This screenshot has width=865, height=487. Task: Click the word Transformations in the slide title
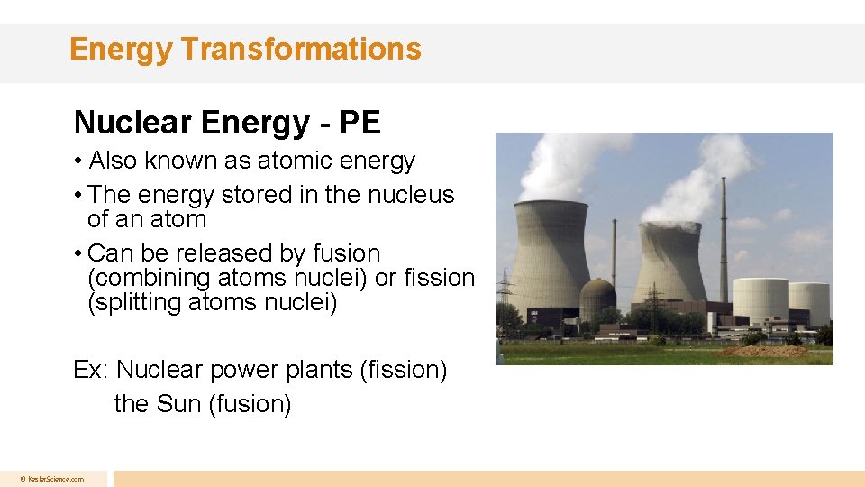300,49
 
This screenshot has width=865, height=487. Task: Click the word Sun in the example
178,404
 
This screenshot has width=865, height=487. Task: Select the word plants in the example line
325,370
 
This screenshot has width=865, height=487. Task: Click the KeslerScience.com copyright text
52,479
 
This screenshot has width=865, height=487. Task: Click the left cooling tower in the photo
551,257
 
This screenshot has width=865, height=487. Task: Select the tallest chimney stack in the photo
724,239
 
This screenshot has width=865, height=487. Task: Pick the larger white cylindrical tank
760,303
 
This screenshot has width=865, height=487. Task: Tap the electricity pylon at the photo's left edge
505,298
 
